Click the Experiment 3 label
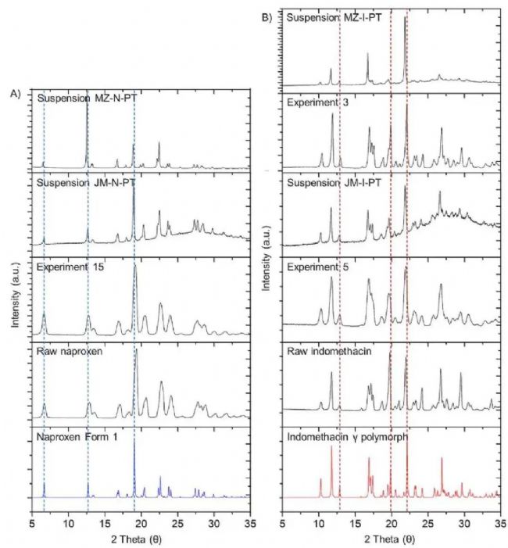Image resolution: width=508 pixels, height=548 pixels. pyautogui.click(x=320, y=102)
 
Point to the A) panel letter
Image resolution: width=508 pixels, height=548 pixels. pyautogui.click(x=16, y=94)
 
